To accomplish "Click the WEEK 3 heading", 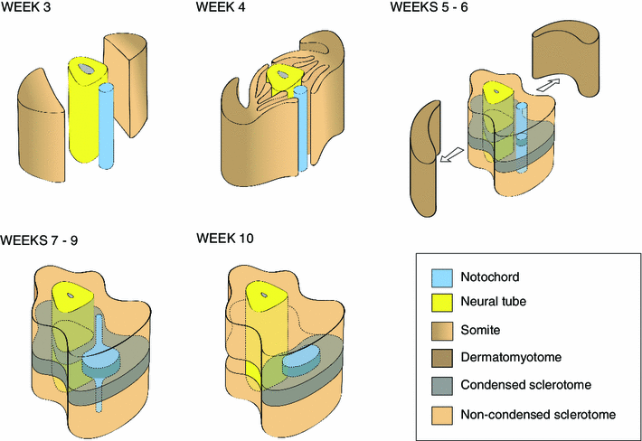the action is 25,7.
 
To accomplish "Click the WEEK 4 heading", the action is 221,7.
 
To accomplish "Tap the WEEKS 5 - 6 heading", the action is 429,7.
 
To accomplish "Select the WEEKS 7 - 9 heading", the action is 39,240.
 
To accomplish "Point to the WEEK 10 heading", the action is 225,238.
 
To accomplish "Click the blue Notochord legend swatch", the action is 442,278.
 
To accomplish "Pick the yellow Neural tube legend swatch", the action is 442,303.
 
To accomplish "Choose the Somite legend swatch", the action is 442,331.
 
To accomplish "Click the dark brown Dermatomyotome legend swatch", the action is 442,358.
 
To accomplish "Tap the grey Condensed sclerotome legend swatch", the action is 442,386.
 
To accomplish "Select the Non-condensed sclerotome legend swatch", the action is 442,415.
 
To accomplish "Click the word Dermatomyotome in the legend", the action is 511,358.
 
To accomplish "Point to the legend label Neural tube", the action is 494,302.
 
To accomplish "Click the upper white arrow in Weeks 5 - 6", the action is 547,86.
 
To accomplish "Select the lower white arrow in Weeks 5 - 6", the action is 451,155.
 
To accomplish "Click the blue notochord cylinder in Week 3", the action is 107,126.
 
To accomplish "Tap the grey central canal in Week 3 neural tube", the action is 86,69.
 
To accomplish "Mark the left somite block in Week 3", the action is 41,125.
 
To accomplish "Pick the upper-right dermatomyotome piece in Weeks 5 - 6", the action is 565,57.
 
